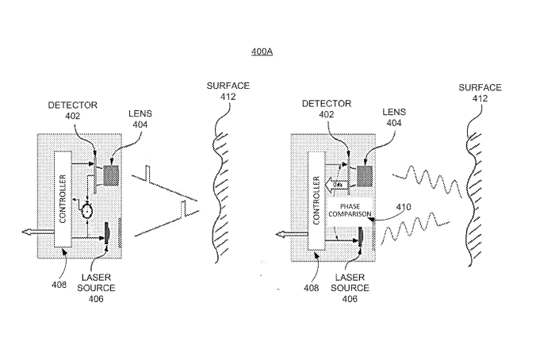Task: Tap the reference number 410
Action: pyautogui.click(x=382, y=208)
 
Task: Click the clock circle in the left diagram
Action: pyautogui.click(x=86, y=209)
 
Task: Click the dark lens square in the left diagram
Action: pyautogui.click(x=110, y=173)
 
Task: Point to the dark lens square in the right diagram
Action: pyautogui.click(x=366, y=174)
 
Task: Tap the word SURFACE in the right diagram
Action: pyautogui.click(x=480, y=86)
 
